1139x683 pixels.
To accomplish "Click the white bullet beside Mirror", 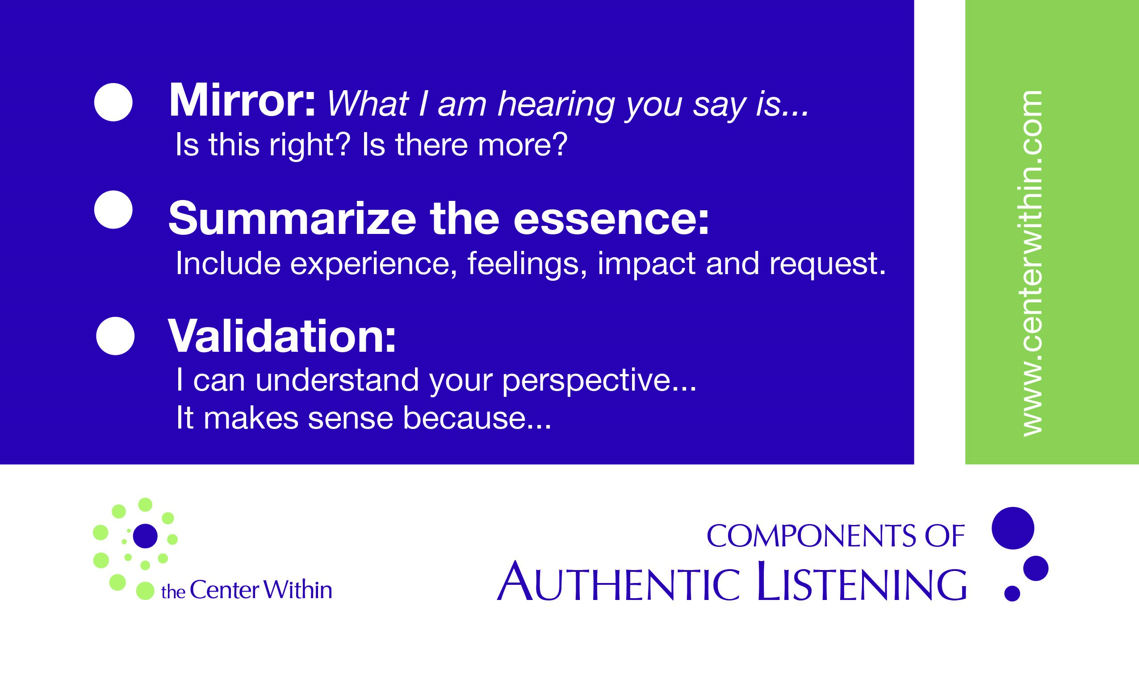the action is pos(113,102).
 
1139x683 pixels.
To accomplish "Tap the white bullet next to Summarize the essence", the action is pos(113,210).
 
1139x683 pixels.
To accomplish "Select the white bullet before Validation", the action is pos(115,336).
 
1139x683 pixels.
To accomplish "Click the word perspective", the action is pos(599,382).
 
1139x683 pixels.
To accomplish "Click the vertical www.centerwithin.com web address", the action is pos(1032,263).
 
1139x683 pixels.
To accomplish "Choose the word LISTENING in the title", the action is pos(861,581).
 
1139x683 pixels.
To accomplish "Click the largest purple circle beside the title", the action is pos(1013,529).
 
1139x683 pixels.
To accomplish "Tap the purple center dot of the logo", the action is pos(146,536).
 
